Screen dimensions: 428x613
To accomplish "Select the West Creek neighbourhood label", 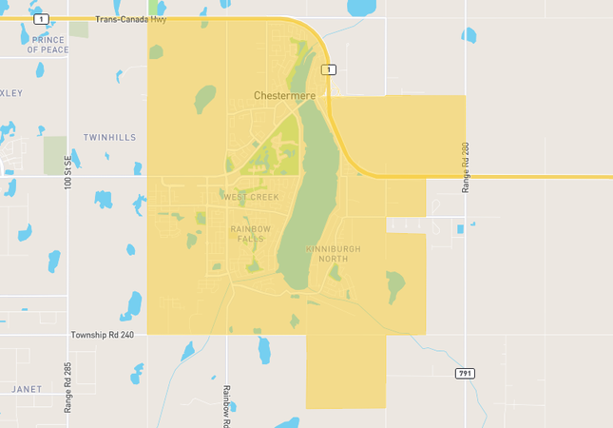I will [252, 197].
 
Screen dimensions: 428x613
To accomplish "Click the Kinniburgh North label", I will [334, 253].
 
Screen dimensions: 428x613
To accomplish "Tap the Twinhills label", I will [109, 138].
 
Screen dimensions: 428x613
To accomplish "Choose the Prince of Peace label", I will [47, 44].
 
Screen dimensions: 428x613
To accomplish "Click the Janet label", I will [27, 389].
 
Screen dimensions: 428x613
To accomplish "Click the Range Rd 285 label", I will [67, 386].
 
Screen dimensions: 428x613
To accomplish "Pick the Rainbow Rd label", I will [226, 403].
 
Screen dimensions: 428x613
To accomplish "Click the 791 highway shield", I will [464, 373].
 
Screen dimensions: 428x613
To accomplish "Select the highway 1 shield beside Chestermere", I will [328, 69].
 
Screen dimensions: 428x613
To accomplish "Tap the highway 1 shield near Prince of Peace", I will [40, 19].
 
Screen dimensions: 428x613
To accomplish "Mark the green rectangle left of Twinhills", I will [55, 155].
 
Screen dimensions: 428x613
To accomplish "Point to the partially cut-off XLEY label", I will [11, 93].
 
